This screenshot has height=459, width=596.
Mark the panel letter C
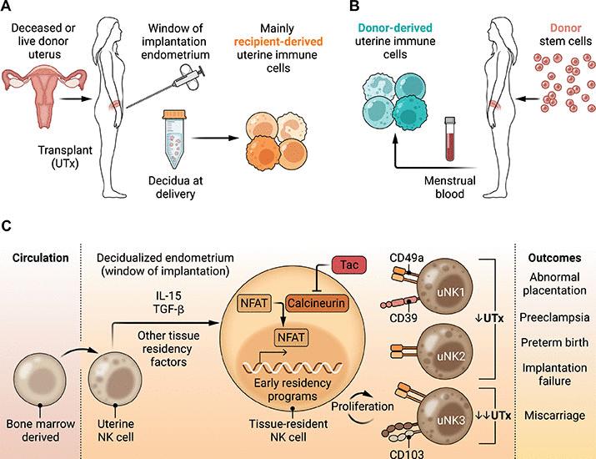point(7,225)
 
